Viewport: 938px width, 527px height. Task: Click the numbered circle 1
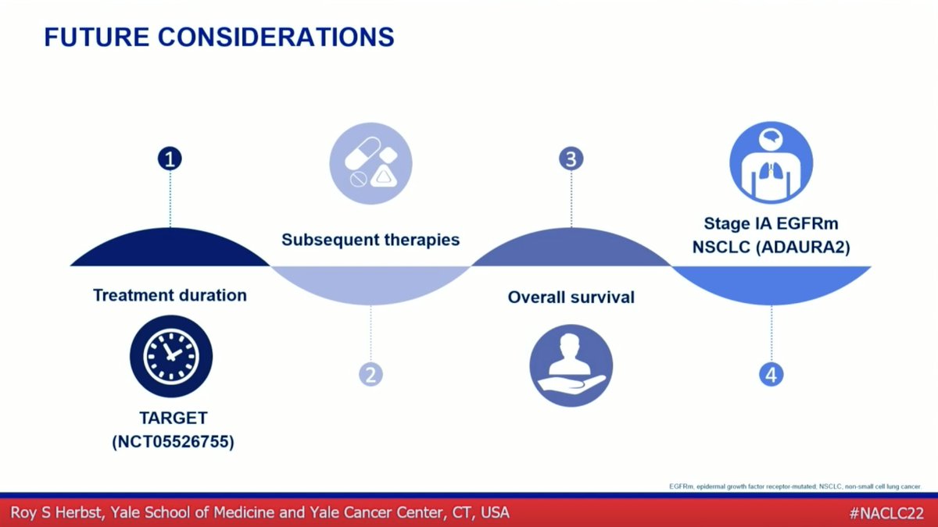point(170,159)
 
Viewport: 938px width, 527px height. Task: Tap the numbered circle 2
point(371,374)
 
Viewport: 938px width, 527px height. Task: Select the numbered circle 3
point(571,159)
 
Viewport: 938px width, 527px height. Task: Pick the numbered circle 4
point(772,374)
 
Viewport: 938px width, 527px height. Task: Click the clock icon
point(171,356)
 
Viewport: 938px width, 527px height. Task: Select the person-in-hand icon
point(571,365)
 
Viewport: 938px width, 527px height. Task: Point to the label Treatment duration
point(170,296)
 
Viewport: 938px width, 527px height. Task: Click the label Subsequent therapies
point(371,240)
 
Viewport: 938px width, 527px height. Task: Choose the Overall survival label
point(571,297)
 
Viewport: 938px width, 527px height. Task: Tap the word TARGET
point(172,419)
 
